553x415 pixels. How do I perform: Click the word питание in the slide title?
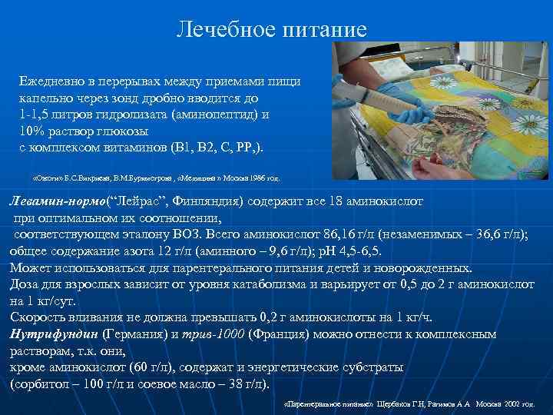pyautogui.click(x=323, y=29)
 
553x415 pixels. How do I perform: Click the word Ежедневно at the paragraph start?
pyautogui.click(x=53, y=81)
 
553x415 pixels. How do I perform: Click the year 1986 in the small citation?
pyautogui.click(x=247, y=178)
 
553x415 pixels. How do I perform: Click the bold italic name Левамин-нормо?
pyautogui.click(x=58, y=201)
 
